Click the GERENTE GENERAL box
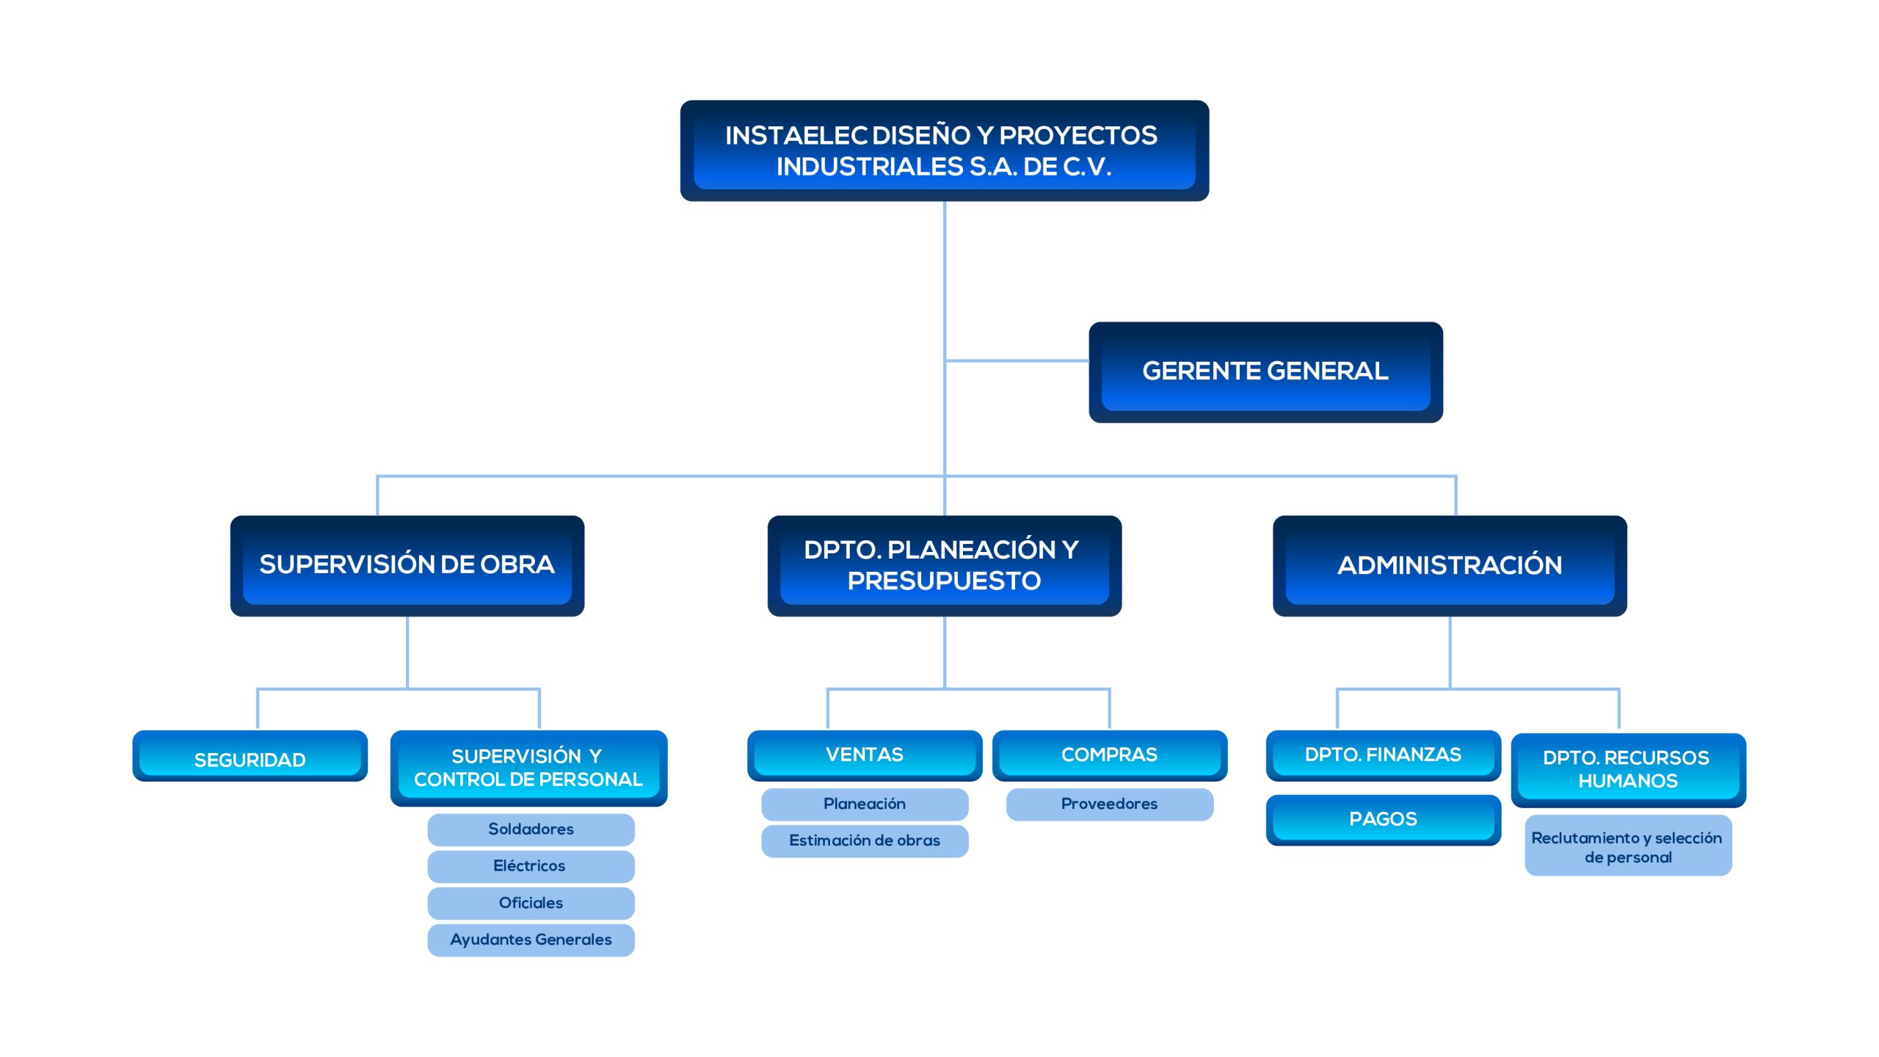coord(1265,371)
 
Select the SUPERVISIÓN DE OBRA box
coord(407,564)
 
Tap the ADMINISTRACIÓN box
coord(1449,565)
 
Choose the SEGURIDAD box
coord(250,759)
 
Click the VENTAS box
coord(864,755)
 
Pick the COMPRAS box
coord(1109,755)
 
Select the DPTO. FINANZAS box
coord(1382,755)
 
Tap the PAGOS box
coord(1382,819)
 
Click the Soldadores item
coord(531,829)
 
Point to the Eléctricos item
coord(531,866)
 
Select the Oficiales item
coord(531,903)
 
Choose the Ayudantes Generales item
coord(531,940)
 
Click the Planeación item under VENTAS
coord(864,804)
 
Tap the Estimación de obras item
coord(864,840)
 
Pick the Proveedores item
coord(1109,804)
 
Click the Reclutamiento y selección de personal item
coord(1627,847)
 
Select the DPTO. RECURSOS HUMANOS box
coord(1627,769)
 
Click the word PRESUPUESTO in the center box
coord(944,581)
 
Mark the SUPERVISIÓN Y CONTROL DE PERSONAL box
coord(528,768)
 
